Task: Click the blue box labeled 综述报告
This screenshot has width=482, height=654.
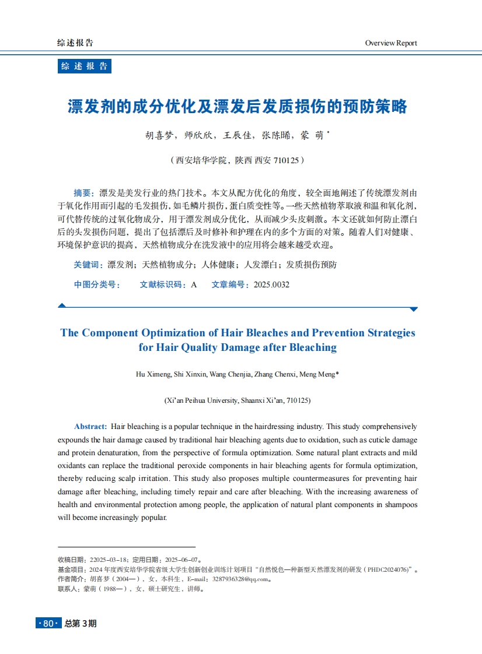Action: (x=85, y=66)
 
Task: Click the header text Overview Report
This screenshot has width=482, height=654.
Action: (x=391, y=43)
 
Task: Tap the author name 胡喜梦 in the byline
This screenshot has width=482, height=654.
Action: (x=159, y=135)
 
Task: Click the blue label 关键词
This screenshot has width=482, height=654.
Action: (x=88, y=265)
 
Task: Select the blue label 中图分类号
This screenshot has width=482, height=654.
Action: (x=97, y=284)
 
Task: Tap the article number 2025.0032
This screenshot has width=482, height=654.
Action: (x=271, y=284)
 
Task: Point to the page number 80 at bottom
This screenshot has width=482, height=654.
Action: (x=48, y=624)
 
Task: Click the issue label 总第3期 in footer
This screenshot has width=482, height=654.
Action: (x=81, y=624)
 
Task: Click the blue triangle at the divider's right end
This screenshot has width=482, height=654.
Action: (x=414, y=309)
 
